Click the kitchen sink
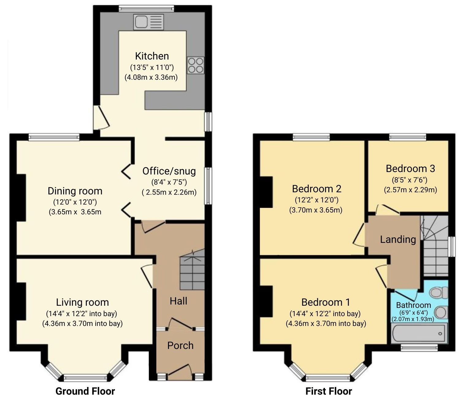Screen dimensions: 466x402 point(148,22)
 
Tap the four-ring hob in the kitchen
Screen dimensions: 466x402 point(196,65)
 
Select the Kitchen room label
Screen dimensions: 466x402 point(152,56)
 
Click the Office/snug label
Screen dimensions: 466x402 point(169,171)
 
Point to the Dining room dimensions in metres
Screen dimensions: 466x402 point(75,212)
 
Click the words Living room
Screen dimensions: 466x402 point(82,302)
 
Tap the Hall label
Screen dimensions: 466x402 point(178,301)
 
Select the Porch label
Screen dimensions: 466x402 point(180,345)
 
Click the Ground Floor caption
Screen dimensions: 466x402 point(85,391)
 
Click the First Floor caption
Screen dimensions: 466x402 point(329,391)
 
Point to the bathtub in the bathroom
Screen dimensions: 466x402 point(419,334)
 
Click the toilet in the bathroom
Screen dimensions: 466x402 point(439,293)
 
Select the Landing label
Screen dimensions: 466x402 point(398,239)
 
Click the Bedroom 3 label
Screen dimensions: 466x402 point(410,169)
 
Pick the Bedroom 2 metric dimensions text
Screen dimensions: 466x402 point(316,210)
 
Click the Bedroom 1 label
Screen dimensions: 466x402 point(326,302)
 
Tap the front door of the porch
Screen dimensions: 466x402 point(180,371)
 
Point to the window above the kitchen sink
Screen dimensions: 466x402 point(147,9)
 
